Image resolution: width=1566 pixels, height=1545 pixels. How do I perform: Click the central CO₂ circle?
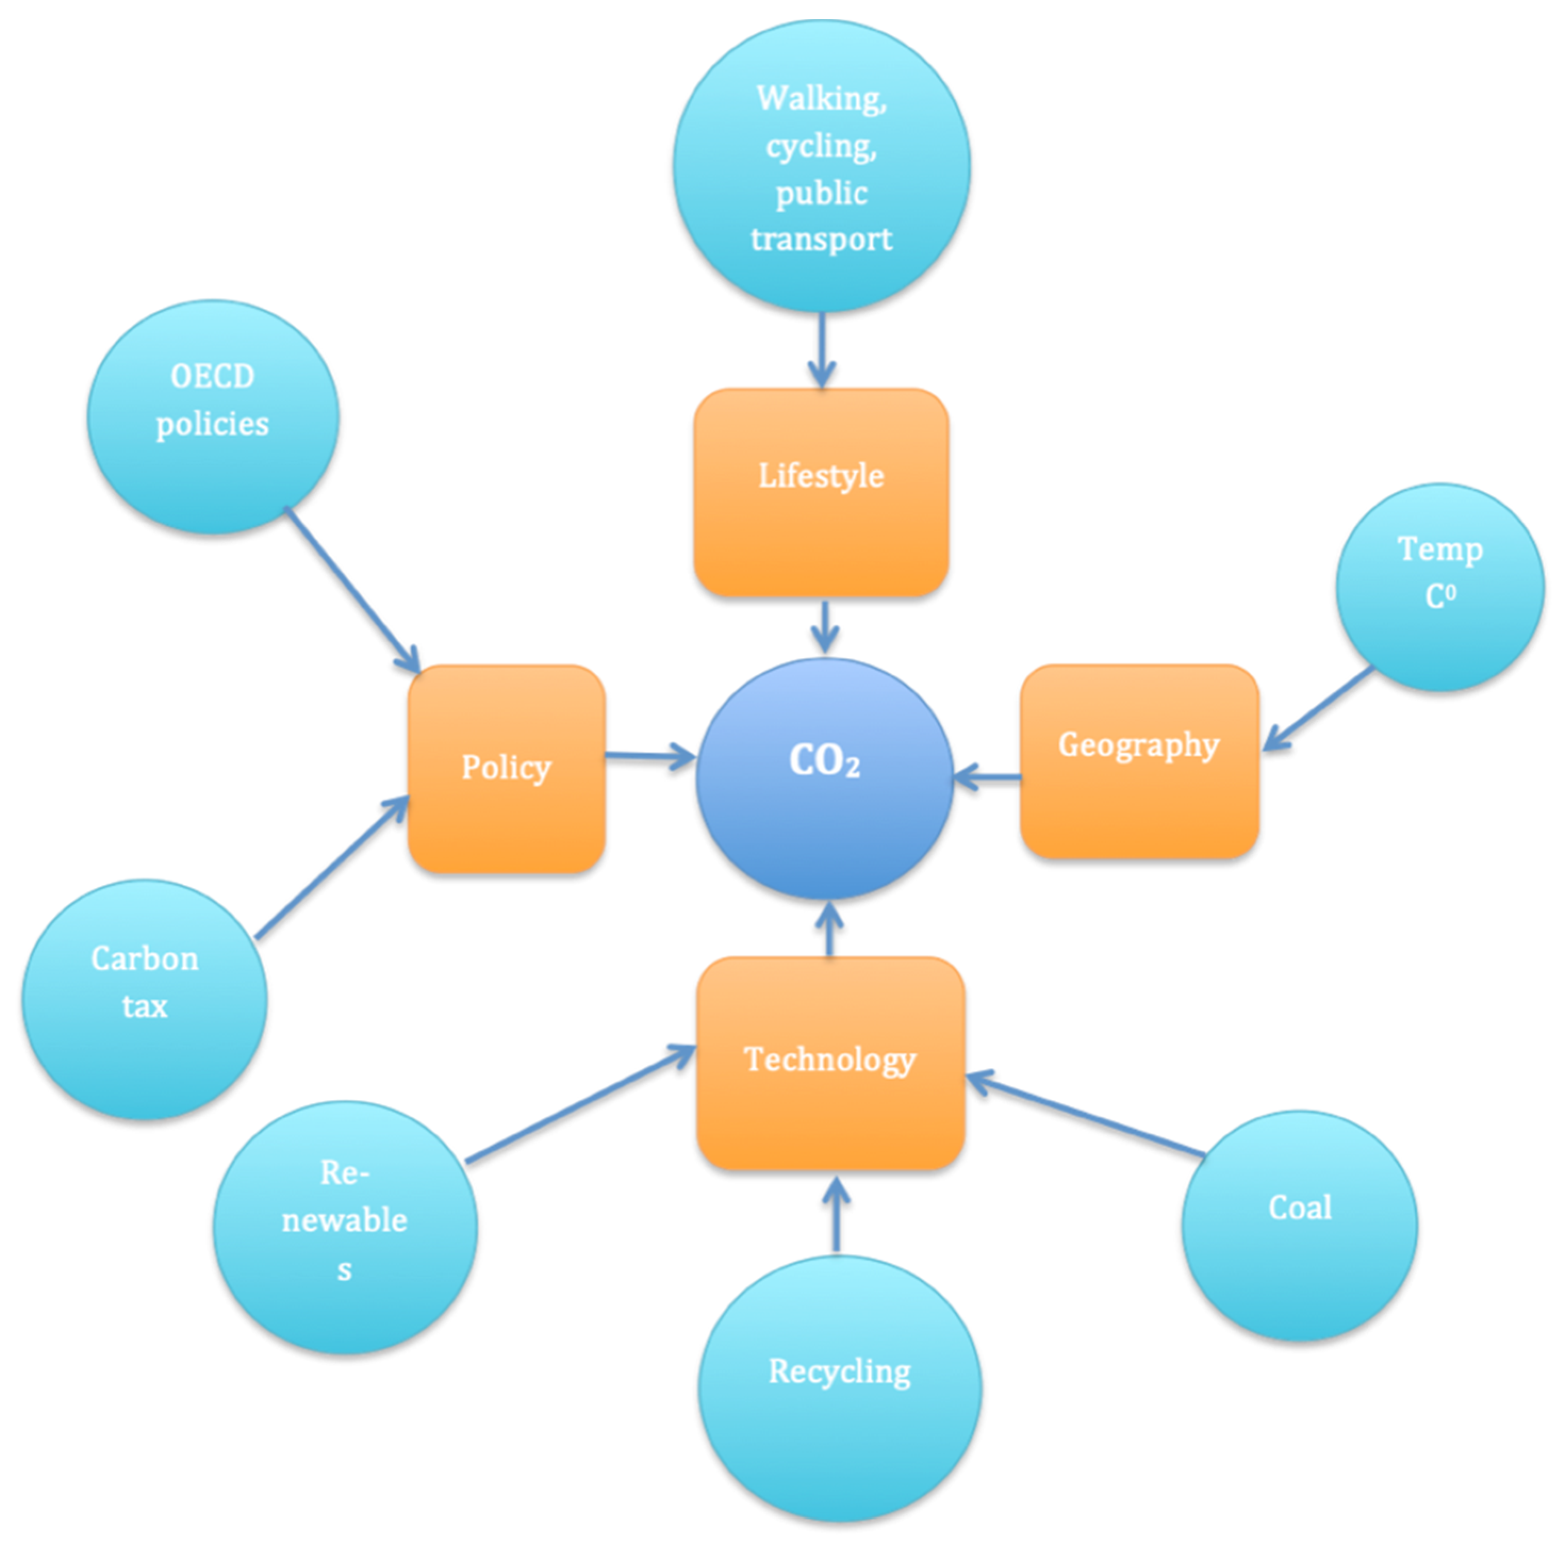825,778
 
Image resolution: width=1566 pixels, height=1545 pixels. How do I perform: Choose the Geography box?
1139,760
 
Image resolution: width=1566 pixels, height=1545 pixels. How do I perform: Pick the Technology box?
830,1062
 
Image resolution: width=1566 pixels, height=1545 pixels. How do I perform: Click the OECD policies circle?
213,417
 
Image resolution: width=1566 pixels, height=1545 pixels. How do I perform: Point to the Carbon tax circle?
144,999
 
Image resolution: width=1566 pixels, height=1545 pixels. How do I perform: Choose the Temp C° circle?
1439,587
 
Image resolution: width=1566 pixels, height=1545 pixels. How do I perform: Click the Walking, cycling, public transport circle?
821,166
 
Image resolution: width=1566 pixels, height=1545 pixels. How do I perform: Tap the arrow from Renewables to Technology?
580,1104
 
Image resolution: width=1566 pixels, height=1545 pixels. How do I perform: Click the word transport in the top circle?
821,239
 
